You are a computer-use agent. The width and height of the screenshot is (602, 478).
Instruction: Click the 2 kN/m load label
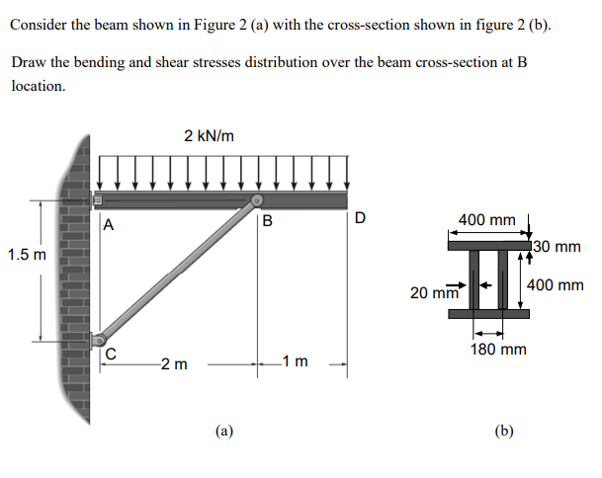click(209, 135)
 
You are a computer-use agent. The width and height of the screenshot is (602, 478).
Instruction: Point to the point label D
click(360, 218)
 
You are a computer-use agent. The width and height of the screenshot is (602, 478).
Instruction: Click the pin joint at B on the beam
click(256, 202)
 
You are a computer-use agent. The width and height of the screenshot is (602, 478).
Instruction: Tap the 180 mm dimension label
click(499, 349)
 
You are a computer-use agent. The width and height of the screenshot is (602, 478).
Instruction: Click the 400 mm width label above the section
click(487, 219)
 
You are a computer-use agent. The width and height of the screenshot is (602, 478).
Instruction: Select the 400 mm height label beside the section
click(556, 284)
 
